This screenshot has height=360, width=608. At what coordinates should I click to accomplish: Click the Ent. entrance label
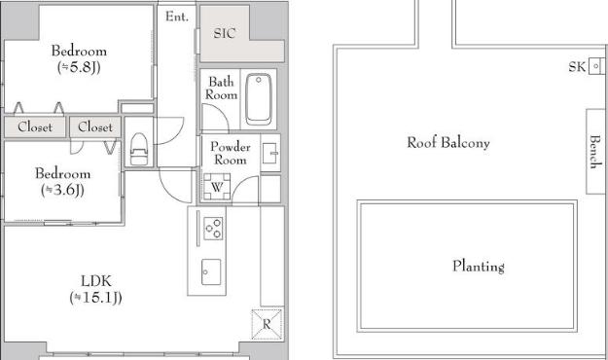click(x=177, y=17)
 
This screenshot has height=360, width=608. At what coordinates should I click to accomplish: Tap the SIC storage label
click(x=225, y=33)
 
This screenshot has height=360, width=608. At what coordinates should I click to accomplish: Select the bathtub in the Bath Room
click(x=259, y=99)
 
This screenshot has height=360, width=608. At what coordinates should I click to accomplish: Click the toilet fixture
click(x=138, y=149)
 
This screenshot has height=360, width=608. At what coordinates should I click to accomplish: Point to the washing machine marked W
click(x=217, y=187)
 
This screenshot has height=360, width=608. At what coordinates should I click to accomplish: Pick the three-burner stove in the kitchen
click(x=213, y=228)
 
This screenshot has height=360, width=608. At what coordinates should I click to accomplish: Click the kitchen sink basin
click(x=211, y=271)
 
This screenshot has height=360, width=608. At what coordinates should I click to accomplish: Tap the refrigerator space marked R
click(x=267, y=324)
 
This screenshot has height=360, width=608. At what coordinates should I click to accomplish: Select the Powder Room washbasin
click(x=270, y=153)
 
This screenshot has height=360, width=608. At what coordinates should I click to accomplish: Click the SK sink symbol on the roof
click(x=596, y=66)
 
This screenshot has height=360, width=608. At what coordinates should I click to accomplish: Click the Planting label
click(x=479, y=267)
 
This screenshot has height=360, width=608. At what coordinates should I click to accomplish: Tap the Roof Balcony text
click(x=448, y=142)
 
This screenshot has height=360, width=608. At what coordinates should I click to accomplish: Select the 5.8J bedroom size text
click(x=79, y=67)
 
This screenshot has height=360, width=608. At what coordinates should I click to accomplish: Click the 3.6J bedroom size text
click(x=63, y=190)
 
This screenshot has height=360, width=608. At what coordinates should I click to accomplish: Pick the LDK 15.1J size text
click(x=95, y=298)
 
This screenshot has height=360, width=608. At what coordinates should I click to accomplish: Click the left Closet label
click(x=35, y=126)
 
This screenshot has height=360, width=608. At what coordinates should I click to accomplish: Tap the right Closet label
click(x=95, y=126)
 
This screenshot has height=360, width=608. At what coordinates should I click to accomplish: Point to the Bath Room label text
click(x=222, y=89)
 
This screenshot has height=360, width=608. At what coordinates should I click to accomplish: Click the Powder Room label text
click(x=231, y=153)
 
